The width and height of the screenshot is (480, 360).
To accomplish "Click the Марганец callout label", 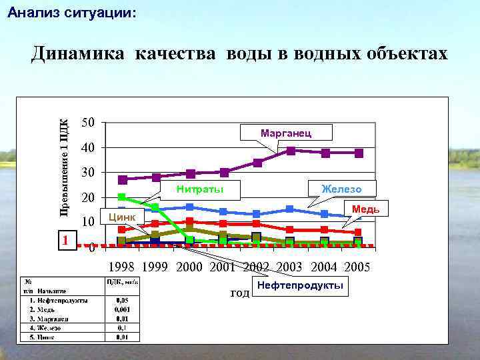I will point(285,133).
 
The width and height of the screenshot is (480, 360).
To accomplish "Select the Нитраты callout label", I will point(199,190).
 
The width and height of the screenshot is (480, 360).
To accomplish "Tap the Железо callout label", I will point(341,189).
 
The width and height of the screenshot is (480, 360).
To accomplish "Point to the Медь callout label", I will point(366,209).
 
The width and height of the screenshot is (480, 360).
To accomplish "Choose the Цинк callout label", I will point(122,217).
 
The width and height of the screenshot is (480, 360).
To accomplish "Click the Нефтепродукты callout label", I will point(299,286).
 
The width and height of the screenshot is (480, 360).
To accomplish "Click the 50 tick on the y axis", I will point(88,122).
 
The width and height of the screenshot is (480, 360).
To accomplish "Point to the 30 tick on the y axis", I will point(88,173).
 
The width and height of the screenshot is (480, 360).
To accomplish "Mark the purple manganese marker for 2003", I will point(291,151).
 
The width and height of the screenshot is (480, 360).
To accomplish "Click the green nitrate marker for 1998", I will point(122,197).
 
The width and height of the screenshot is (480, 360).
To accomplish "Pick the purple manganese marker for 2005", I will point(359,153).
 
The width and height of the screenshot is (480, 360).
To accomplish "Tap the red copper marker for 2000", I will point(190,221).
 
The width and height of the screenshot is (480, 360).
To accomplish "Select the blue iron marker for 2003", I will point(290,209).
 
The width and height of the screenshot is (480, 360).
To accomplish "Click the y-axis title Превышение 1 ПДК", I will point(64,167).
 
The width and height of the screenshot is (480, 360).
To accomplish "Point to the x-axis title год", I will point(239,293).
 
